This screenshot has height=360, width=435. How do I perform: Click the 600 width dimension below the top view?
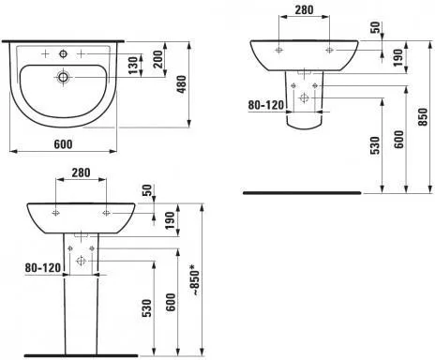tap(63, 144)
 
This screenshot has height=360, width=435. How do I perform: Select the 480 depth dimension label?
tap(182, 84)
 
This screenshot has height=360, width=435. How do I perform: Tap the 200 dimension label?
tap(158, 59)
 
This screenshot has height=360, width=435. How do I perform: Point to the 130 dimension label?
tap(133, 66)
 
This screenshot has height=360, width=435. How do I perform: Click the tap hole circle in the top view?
tap(64, 54)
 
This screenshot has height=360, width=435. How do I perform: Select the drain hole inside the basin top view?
tap(64, 77)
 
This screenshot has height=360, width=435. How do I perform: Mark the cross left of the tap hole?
tap(45, 54)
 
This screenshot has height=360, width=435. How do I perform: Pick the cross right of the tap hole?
tap(82, 54)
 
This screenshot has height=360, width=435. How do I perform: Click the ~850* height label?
tap(195, 280)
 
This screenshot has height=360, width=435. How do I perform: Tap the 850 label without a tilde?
tap(423, 117)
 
